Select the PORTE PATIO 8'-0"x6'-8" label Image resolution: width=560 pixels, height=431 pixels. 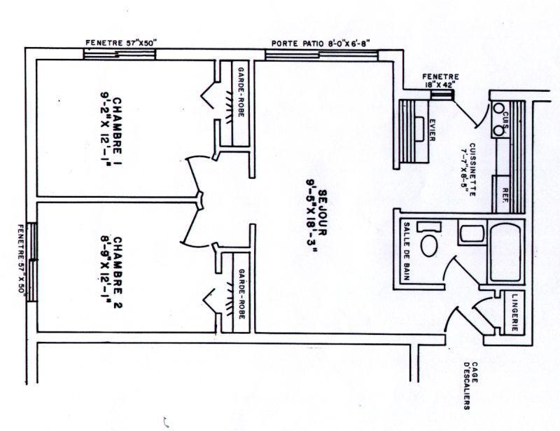(321, 43)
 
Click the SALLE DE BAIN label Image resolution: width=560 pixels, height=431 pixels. (407, 249)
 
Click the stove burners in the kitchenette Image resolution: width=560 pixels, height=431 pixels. (500, 118)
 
